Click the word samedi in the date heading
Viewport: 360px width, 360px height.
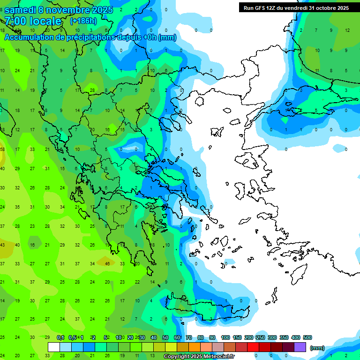[x=21, y=10]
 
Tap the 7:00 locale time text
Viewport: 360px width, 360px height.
[x=33, y=22]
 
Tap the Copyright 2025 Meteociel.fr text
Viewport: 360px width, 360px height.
[x=199, y=357]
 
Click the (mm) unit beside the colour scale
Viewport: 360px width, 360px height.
[x=317, y=348]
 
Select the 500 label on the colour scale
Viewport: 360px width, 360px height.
[x=307, y=337]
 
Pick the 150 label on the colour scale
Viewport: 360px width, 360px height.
[x=237, y=337]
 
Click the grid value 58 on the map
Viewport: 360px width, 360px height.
[x=2, y=149]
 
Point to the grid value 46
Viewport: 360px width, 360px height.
[x=107, y=263]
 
